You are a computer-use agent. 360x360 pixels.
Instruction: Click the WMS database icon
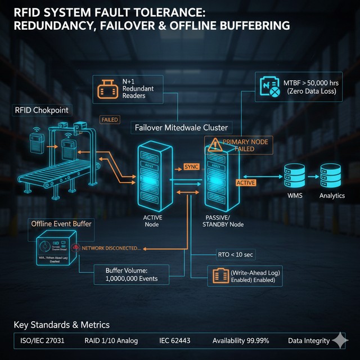[295, 175]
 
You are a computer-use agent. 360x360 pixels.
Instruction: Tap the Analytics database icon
[331, 175]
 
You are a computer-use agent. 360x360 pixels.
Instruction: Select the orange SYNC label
[191, 168]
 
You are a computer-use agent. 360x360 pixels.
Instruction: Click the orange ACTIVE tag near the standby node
[246, 183]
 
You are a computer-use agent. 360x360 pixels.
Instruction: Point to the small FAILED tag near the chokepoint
[109, 120]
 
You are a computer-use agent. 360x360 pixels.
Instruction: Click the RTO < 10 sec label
[235, 255]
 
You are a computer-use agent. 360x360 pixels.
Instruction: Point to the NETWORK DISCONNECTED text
[111, 248]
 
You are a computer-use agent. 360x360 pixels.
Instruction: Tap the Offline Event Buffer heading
[61, 224]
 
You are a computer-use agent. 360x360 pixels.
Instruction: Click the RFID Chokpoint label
[40, 110]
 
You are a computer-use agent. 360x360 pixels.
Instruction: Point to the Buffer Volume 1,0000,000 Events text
[130, 274]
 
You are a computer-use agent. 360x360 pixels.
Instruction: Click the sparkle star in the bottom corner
[340, 341]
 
